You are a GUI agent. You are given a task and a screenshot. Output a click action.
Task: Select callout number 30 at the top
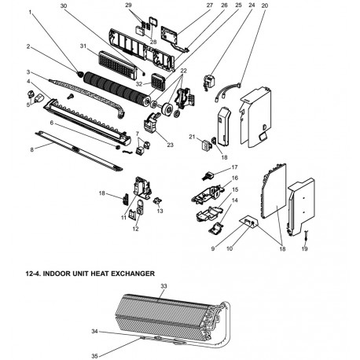point(64,6)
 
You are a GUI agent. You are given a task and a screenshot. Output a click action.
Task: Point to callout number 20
point(264,6)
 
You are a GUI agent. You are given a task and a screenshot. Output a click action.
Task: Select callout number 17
point(233,167)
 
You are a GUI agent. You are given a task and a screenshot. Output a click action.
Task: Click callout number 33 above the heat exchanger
point(163,287)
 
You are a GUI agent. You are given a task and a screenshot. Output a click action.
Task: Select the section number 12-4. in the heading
point(39,272)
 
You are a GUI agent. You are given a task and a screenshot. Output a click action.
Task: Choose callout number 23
point(171,145)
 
